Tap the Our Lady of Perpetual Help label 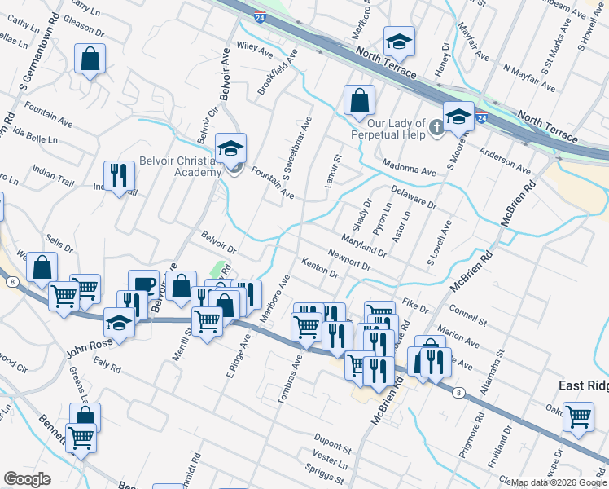pos(388,128)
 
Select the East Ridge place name pos(583,385)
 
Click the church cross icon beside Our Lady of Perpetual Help pos(436,126)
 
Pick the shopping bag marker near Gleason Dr pos(90,59)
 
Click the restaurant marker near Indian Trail pos(119,176)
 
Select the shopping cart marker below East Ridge pos(578,416)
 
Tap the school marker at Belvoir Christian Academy pos(231,149)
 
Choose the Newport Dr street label pos(350,260)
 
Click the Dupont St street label pos(333,449)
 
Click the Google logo pos(27,479)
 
